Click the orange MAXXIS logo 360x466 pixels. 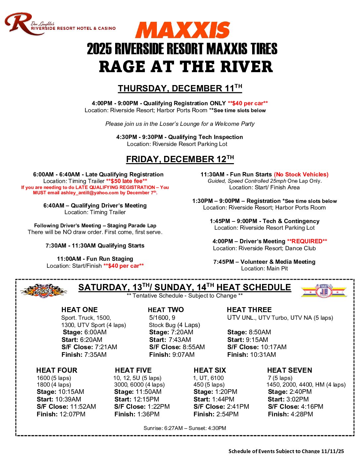click(x=182, y=30)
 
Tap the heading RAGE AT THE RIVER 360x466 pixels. click(x=186, y=67)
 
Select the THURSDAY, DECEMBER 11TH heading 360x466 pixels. click(x=180, y=88)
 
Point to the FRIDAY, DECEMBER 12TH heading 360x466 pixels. click(x=180, y=159)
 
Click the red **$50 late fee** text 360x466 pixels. click(x=126, y=181)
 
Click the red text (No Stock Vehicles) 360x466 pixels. click(x=301, y=174)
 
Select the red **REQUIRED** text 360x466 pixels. click(x=307, y=241)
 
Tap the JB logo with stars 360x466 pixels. click(x=324, y=291)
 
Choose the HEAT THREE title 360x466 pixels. click(x=249, y=310)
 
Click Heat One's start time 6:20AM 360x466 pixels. click(x=91, y=340)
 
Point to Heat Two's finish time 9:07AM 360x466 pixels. click(x=181, y=354)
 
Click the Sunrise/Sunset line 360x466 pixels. click(x=185, y=428)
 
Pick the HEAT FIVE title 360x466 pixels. click(x=133, y=370)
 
